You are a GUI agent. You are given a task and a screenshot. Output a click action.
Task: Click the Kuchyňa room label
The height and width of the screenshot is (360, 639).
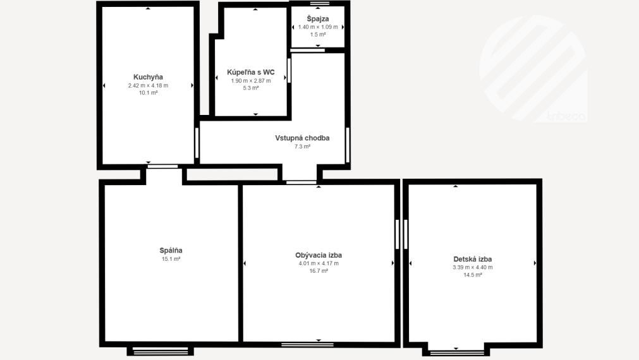pyautogui.click(x=148, y=77)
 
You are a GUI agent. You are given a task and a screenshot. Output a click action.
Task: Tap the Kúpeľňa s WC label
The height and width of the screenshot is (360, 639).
pyautogui.click(x=251, y=72)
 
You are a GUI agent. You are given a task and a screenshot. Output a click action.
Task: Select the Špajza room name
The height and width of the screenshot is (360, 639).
pyautogui.click(x=318, y=19)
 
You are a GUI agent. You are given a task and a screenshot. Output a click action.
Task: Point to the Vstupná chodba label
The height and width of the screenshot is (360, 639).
pyautogui.click(x=302, y=138)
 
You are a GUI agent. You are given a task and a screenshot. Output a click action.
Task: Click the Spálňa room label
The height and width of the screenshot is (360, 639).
pyautogui.click(x=171, y=251)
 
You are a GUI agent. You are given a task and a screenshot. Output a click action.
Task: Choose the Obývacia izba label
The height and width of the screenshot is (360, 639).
pyautogui.click(x=319, y=255)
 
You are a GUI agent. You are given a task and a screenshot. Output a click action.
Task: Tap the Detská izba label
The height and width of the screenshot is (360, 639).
pyautogui.click(x=472, y=259)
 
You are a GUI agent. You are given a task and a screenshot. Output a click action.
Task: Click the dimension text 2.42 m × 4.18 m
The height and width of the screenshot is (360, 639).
pyautogui.click(x=148, y=85)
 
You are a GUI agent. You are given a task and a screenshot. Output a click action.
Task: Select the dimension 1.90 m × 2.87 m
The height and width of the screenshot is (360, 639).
pyautogui.click(x=251, y=81)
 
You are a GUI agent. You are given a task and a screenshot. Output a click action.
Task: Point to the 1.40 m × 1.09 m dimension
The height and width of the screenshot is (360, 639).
pyautogui.click(x=318, y=27)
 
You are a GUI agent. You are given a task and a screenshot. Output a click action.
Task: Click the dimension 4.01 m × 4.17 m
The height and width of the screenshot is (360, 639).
pyautogui.click(x=319, y=263)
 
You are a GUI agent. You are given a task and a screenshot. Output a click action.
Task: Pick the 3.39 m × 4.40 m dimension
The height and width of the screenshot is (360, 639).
pyautogui.click(x=472, y=268)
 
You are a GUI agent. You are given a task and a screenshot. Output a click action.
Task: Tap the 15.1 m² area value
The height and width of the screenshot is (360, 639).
pyautogui.click(x=171, y=259)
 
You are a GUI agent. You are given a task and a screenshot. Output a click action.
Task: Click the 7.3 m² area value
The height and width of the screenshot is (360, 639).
pyautogui.click(x=302, y=147)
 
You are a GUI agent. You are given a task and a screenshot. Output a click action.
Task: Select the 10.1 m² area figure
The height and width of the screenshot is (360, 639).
pyautogui.click(x=148, y=93)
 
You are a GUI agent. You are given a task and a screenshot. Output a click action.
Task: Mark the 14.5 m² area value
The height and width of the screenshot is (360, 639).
pyautogui.click(x=472, y=275)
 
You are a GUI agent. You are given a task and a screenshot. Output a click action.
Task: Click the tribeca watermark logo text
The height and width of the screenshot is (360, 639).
pyautogui.click(x=566, y=116)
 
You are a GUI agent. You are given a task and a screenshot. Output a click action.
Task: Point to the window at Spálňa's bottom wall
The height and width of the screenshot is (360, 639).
pyautogui.click(x=160, y=351)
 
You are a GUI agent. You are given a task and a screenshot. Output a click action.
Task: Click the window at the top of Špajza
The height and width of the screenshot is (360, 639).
pyautogui.click(x=320, y=3)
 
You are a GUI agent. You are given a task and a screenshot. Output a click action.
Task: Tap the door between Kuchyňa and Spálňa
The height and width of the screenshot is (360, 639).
pyautogui.click(x=162, y=166)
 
